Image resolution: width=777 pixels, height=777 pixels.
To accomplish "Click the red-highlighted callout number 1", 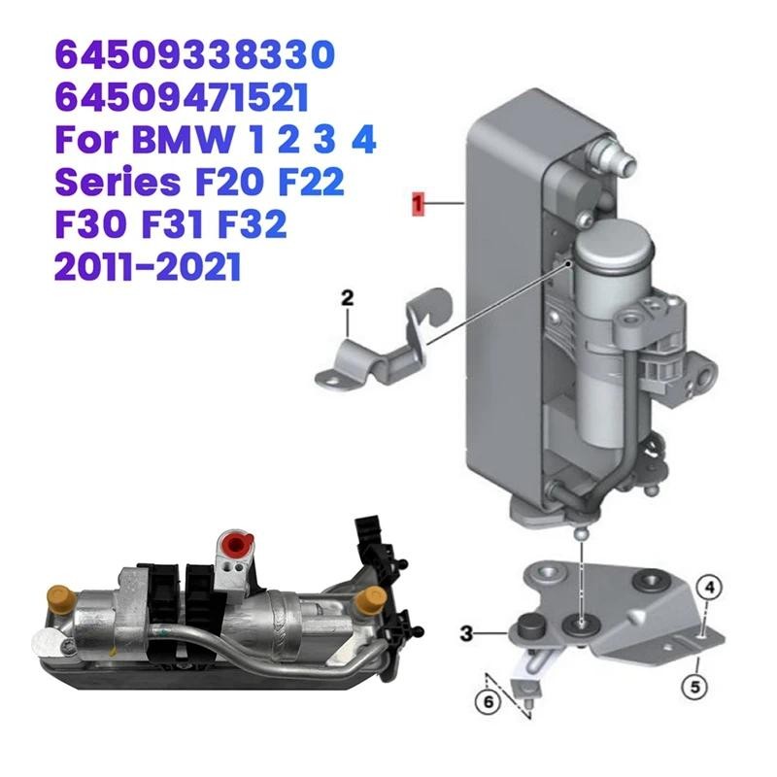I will point(417,203).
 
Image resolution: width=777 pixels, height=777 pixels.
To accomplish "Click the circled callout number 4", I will point(710,586).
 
